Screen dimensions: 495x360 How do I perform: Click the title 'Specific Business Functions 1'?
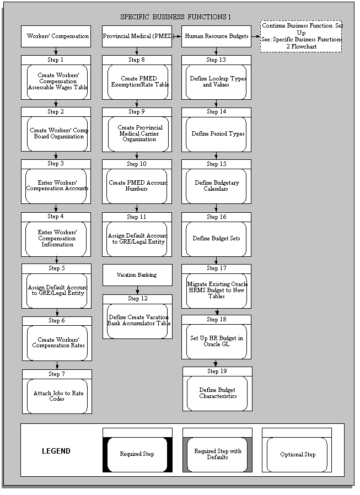(x=175, y=17)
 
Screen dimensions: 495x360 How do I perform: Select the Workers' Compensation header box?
(x=56, y=36)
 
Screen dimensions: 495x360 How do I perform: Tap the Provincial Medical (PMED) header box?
(x=137, y=36)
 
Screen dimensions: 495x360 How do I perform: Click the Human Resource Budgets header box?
(x=216, y=36)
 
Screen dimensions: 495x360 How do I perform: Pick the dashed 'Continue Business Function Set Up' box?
(x=301, y=36)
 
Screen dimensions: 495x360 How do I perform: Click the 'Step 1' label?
(x=56, y=60)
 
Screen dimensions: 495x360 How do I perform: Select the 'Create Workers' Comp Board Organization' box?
(x=57, y=134)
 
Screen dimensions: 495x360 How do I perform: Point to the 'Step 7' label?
(x=57, y=374)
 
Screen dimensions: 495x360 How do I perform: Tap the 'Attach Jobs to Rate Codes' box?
(x=57, y=396)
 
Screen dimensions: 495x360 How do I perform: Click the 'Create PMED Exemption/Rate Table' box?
(x=137, y=82)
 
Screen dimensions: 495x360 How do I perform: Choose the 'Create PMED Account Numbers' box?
(x=137, y=186)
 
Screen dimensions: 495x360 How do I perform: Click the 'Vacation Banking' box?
(x=137, y=275)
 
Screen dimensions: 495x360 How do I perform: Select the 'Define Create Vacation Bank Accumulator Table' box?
(x=137, y=321)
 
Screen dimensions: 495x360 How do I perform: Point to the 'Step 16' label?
(x=216, y=217)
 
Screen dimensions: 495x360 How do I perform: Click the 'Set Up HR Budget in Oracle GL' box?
(x=216, y=341)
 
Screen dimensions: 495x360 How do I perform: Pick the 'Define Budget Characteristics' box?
(x=217, y=393)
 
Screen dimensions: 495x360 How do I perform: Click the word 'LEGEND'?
(x=56, y=451)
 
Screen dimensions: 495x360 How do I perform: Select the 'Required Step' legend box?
(x=137, y=454)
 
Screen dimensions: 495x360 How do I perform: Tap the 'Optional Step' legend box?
(x=297, y=454)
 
